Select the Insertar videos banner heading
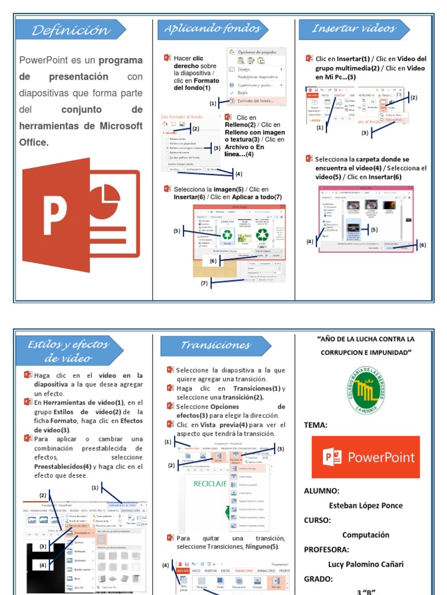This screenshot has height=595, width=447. pos(353,28)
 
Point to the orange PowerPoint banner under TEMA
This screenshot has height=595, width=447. pos(366,457)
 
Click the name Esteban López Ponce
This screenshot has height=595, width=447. pos(366,505)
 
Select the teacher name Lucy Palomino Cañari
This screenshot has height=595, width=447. pos(366,564)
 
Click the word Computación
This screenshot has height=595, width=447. pos(366,535)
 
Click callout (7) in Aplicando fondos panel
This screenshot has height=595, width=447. pos(204,284)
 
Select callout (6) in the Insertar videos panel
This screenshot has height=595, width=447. pos(423,245)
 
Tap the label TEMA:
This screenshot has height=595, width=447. pos(316,425)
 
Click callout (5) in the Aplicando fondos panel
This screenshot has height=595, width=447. pos(177,231)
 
